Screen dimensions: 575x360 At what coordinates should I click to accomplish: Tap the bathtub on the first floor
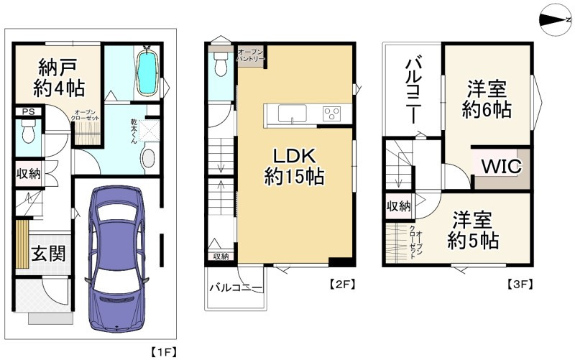(x=148, y=73)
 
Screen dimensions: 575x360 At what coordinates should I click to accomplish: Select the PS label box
(x=29, y=111)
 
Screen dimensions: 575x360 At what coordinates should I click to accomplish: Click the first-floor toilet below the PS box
(x=28, y=132)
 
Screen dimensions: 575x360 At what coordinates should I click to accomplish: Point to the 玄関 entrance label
(x=48, y=254)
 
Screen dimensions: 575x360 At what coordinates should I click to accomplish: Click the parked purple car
(x=117, y=259)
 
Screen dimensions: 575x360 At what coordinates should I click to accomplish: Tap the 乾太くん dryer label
(x=135, y=131)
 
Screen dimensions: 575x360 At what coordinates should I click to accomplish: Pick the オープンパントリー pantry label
(x=250, y=55)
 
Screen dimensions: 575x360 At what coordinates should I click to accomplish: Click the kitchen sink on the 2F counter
(x=292, y=114)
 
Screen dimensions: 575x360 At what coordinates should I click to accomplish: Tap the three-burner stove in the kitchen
(x=332, y=114)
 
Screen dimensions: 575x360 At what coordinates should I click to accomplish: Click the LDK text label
(x=295, y=157)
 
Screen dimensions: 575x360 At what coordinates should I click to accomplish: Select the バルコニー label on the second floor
(x=236, y=287)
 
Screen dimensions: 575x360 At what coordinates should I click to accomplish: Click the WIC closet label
(x=501, y=167)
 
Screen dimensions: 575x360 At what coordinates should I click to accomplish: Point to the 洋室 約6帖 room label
(x=487, y=99)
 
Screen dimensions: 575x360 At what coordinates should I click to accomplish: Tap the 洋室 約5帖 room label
(x=473, y=230)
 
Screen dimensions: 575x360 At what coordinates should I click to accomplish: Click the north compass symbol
(x=556, y=20)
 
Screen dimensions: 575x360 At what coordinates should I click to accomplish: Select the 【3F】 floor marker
(x=520, y=285)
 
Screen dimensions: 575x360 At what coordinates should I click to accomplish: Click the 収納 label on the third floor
(x=398, y=206)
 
